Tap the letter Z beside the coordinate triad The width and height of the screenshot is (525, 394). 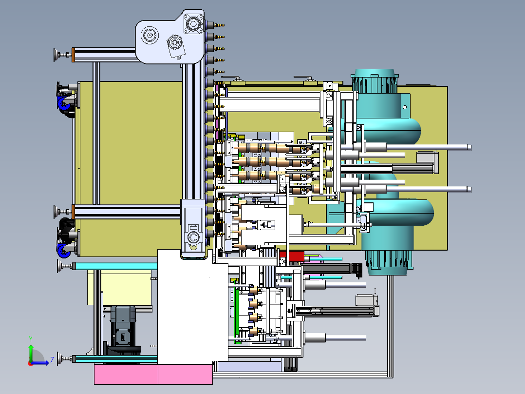pos(52,360)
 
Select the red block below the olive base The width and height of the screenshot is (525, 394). pos(292,256)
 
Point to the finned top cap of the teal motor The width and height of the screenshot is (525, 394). pos(375,81)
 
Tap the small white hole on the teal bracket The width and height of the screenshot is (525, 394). pos(404,107)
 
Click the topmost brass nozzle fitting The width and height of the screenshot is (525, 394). pos(219,25)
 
